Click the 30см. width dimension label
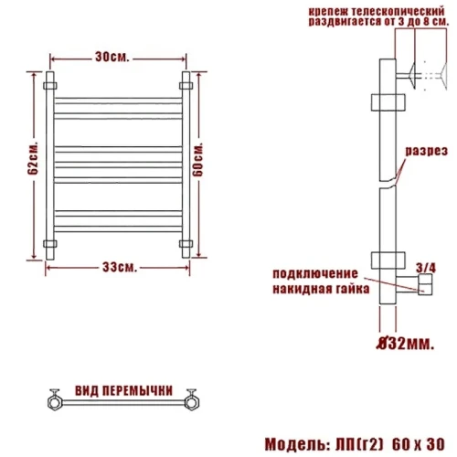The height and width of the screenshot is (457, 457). (x=112, y=57)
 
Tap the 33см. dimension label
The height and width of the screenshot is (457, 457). (x=120, y=267)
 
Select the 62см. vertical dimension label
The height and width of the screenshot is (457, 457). (x=33, y=158)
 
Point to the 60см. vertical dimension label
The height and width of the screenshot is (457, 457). (x=198, y=159)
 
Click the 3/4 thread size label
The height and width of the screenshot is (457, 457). (x=426, y=268)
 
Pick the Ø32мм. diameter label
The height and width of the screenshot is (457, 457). (x=404, y=344)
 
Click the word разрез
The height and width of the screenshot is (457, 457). (x=426, y=152)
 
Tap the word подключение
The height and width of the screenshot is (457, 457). (x=315, y=274)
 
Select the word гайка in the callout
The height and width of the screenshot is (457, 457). (x=353, y=289)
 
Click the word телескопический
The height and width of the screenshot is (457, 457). (x=399, y=12)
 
